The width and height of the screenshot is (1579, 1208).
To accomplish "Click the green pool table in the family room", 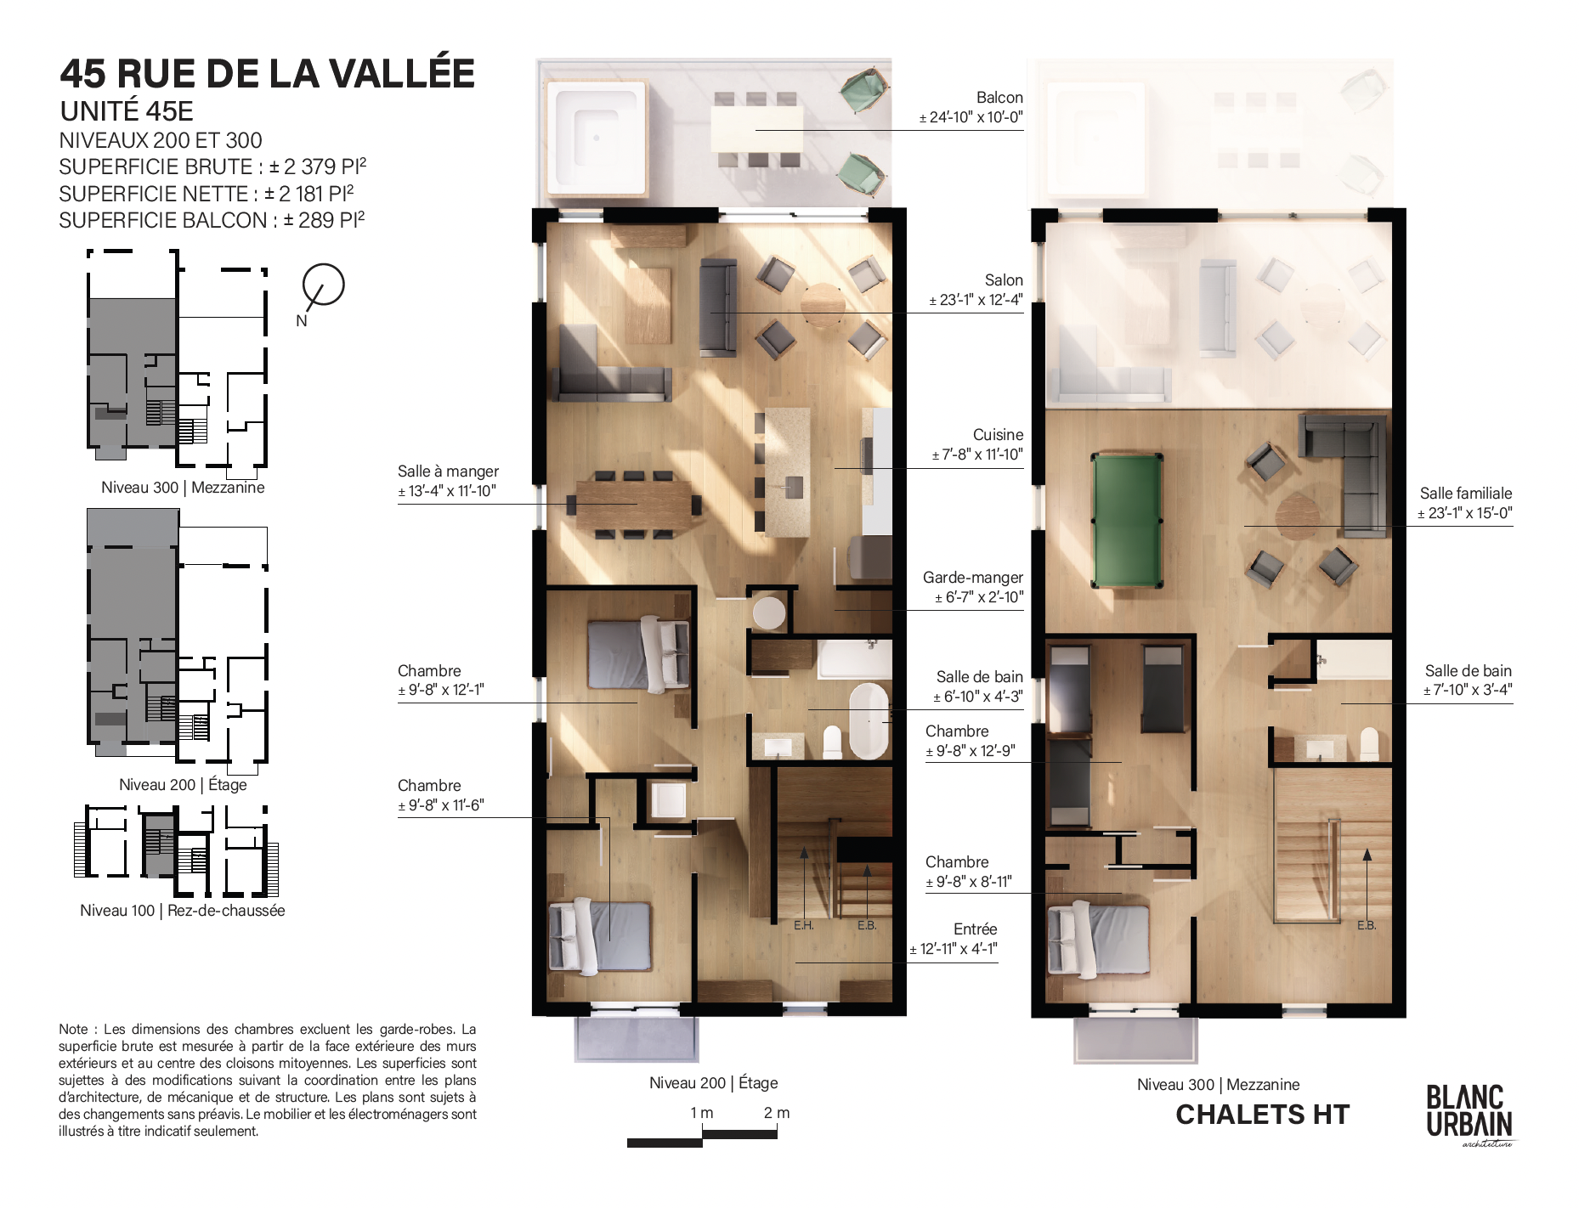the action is [1127, 521].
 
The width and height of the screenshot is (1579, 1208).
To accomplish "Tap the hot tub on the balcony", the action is [597, 137].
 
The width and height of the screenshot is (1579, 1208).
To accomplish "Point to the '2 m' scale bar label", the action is [777, 1113].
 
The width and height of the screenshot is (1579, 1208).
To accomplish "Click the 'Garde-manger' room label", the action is [973, 578].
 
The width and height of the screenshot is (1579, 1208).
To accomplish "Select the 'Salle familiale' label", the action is [1466, 494].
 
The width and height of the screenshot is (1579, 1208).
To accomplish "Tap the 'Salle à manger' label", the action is [448, 471].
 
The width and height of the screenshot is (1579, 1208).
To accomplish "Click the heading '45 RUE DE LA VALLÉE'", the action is [268, 73].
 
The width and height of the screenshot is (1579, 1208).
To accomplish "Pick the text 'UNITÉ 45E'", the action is [127, 111].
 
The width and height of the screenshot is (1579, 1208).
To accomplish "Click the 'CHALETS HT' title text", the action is [1263, 1115].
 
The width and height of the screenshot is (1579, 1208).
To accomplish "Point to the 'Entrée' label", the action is [975, 929].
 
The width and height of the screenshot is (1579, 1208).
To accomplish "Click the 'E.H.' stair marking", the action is [804, 925].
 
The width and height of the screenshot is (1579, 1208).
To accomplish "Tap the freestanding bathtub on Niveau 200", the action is [869, 720].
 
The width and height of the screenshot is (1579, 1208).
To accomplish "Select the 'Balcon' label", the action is [999, 98].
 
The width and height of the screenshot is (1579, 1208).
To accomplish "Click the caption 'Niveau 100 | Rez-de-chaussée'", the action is [183, 911].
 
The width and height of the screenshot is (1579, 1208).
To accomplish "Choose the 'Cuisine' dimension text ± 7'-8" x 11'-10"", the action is [977, 454].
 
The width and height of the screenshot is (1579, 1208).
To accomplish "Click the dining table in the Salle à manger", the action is [634, 504].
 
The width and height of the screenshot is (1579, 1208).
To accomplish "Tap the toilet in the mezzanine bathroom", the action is [1369, 744].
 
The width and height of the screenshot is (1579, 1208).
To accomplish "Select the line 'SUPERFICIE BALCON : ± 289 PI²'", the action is [212, 220].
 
